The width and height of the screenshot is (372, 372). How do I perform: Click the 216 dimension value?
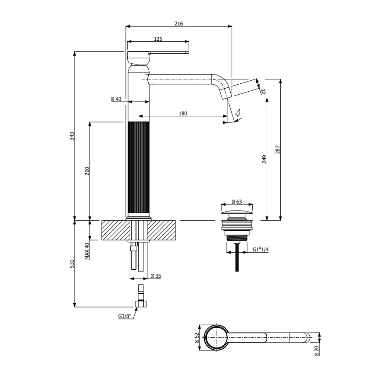[x=179, y=23]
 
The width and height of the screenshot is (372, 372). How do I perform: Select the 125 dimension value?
[x=158, y=39]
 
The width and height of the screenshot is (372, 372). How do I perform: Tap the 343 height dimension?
[x=72, y=136]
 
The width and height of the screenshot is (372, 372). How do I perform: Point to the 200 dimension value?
[x=87, y=171]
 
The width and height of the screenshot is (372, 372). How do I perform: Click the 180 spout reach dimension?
[x=183, y=114]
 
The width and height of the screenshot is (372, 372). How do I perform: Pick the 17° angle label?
[x=238, y=113]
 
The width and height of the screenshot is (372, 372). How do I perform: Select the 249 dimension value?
[x=264, y=159]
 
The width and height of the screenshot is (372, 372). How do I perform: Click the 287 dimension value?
[x=277, y=150]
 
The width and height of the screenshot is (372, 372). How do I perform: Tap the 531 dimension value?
[x=72, y=263]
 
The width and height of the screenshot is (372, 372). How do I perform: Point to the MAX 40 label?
[x=87, y=251]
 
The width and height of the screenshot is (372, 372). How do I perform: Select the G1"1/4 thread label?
[x=261, y=249]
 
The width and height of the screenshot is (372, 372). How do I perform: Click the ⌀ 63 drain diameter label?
[x=237, y=201]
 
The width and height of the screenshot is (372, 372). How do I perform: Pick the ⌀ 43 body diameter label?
[x=116, y=99]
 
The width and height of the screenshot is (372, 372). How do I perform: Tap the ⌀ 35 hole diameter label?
[x=156, y=276]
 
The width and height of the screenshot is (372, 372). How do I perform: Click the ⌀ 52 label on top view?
[x=197, y=338]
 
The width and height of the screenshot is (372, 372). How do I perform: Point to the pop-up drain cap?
[x=237, y=215]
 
